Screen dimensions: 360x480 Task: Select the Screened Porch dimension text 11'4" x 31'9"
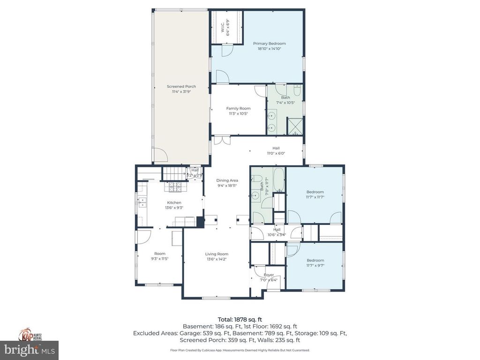click(x=181, y=92)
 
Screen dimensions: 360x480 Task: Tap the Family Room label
click(x=239, y=108)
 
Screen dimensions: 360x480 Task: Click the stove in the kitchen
click(x=175, y=187)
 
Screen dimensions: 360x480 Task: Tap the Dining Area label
click(x=227, y=180)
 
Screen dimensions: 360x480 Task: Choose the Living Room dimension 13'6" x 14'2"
click(x=217, y=259)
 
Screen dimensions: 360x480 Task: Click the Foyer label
click(x=269, y=275)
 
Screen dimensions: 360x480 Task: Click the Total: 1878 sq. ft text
click(x=240, y=319)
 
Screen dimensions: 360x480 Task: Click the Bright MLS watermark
click(x=29, y=350)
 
